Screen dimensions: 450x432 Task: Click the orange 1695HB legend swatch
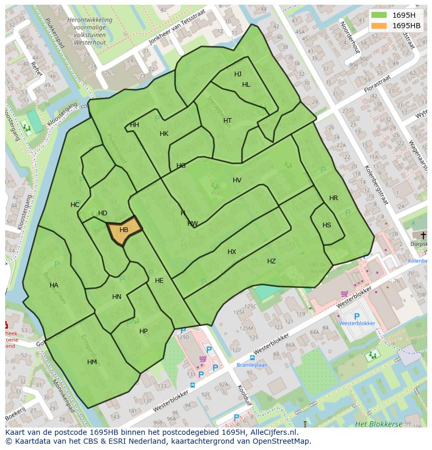point(379,26)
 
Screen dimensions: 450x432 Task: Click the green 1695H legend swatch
point(379,15)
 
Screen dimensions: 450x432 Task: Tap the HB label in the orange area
point(124,230)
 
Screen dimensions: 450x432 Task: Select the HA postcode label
point(54,285)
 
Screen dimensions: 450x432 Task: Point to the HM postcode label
point(92,362)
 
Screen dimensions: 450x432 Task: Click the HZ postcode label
point(271,261)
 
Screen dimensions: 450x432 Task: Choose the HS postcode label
point(327,225)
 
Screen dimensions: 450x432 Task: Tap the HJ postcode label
point(238,74)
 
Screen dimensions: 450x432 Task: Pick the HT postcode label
point(227,121)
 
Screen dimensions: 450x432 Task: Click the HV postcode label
point(237,180)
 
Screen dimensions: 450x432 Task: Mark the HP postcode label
point(143,331)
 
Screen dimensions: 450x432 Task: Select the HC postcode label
point(75,205)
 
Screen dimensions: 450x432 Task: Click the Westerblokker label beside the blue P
point(357,324)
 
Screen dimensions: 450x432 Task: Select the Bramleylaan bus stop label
point(252,365)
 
